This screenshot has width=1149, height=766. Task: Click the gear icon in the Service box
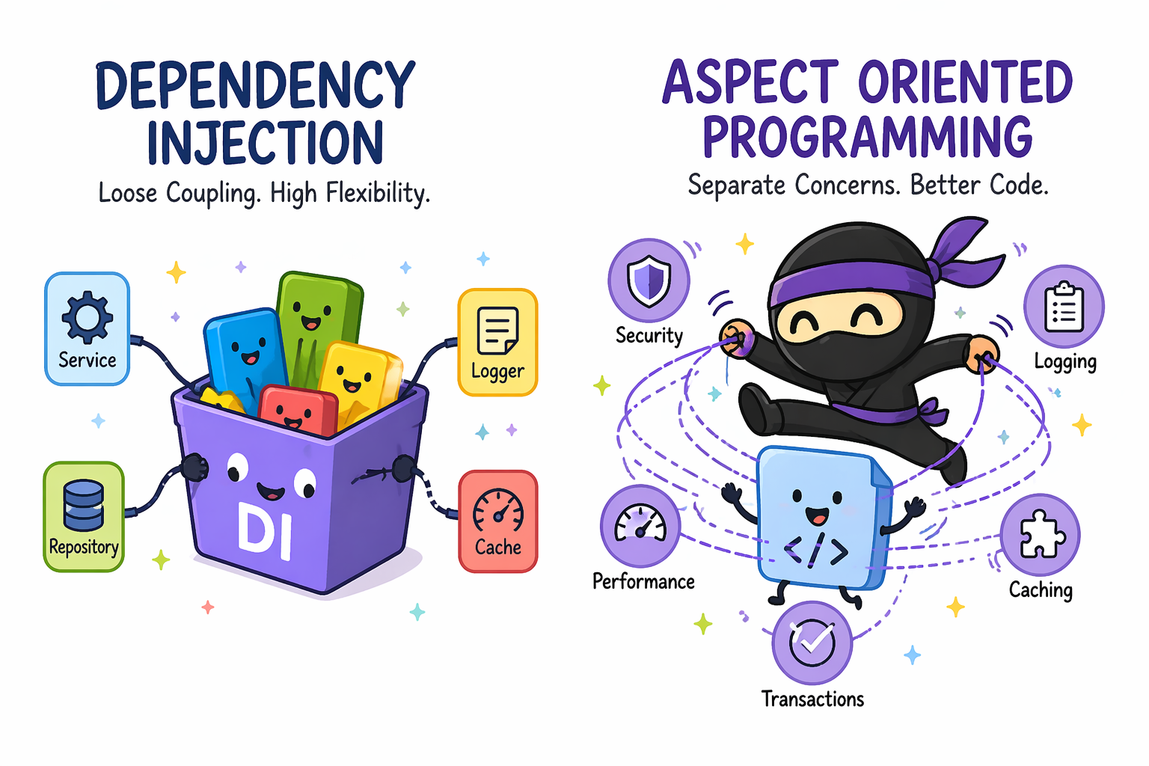tap(88, 317)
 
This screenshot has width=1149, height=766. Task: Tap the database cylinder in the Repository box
tap(84, 505)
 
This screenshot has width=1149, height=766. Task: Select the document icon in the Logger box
tap(497, 331)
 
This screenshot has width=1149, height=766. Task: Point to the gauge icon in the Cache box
tap(497, 510)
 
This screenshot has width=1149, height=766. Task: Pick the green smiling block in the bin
tap(317, 328)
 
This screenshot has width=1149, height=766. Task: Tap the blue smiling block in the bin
tap(245, 359)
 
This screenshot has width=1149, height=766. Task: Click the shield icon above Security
tap(649, 281)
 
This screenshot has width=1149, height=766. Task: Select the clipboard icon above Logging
tap(1064, 307)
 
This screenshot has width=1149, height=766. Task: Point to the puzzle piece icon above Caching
tap(1042, 534)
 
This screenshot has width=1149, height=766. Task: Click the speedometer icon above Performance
tap(640, 524)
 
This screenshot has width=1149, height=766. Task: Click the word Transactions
tap(812, 699)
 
